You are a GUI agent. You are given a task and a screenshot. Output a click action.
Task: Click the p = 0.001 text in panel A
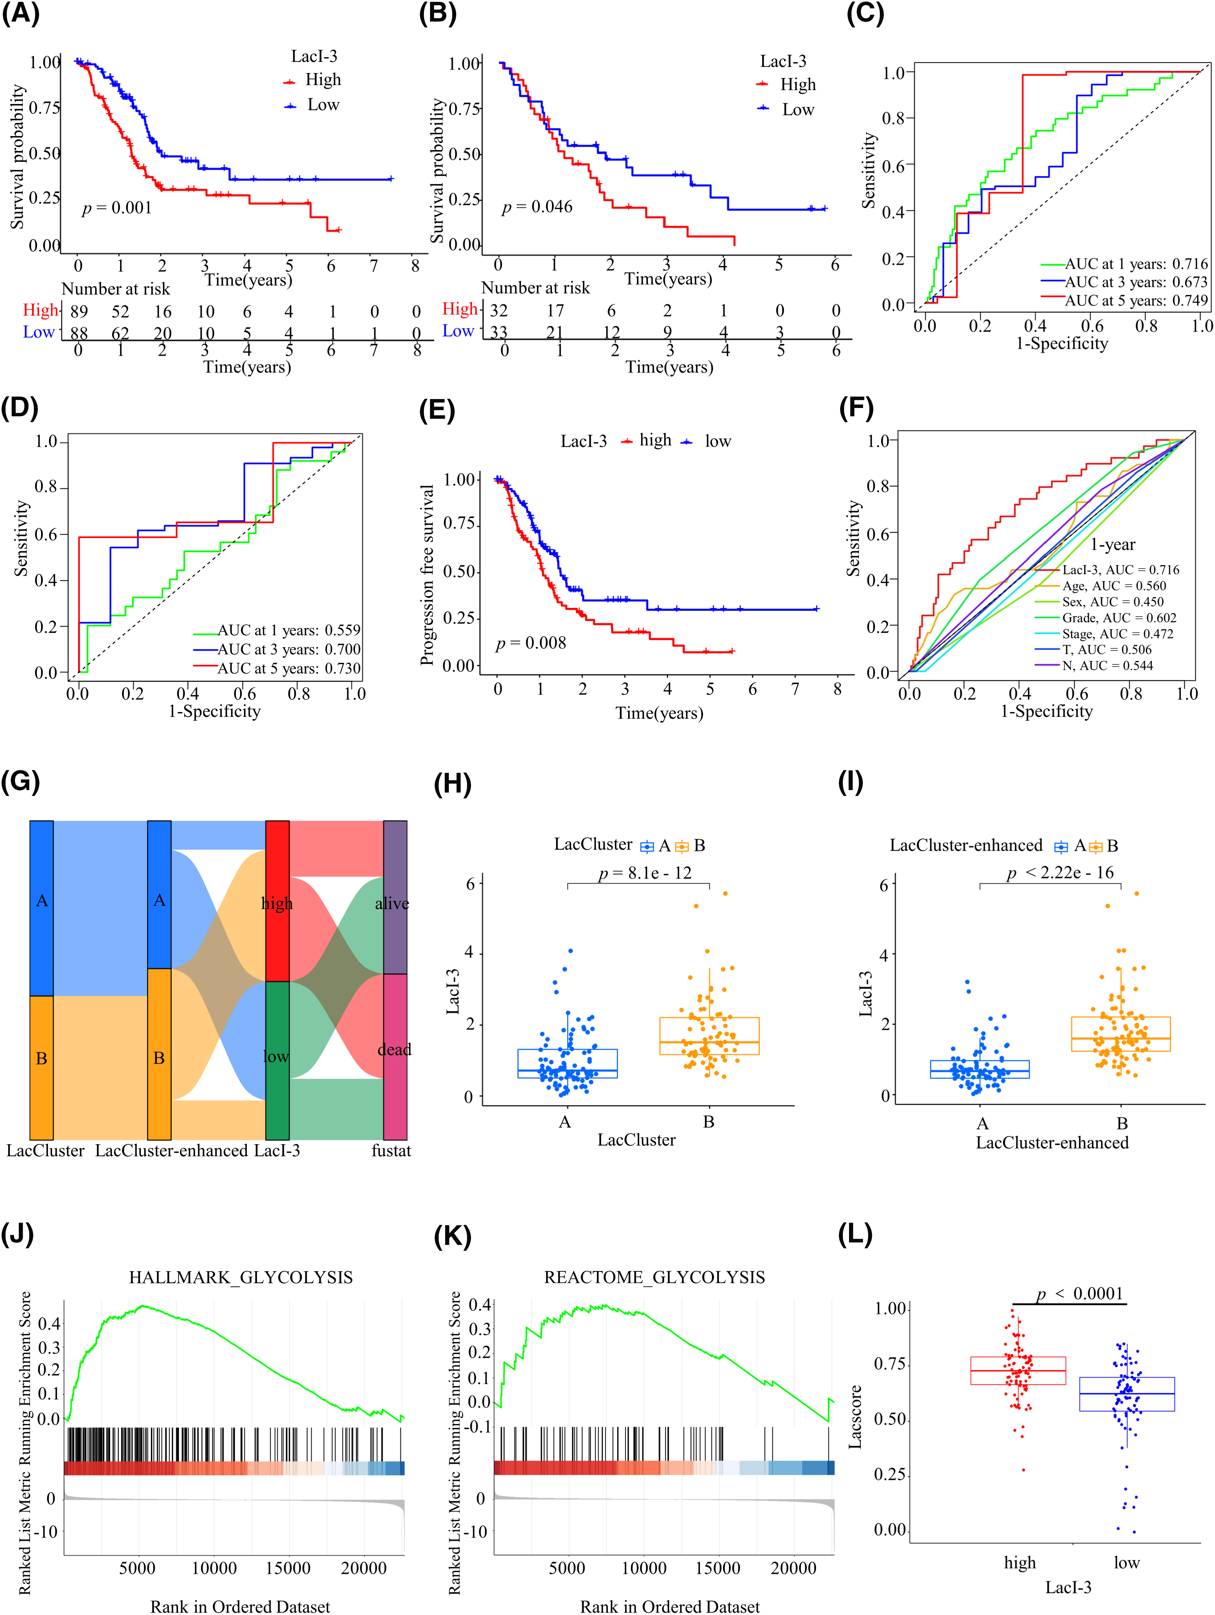(117, 208)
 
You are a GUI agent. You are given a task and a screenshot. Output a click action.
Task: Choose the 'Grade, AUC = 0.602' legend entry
(1119, 618)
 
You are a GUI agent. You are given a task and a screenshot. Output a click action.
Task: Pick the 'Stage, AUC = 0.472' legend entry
(1117, 634)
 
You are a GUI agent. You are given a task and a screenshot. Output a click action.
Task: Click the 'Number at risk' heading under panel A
(115, 289)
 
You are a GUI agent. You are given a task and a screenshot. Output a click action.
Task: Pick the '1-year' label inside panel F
(1113, 545)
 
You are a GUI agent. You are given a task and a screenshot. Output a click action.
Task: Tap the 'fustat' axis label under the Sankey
(391, 1151)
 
